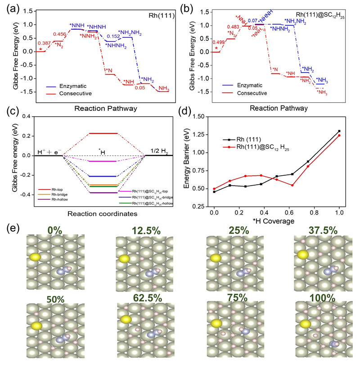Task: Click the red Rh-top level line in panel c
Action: [103, 133]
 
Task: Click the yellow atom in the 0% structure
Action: [34, 257]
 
